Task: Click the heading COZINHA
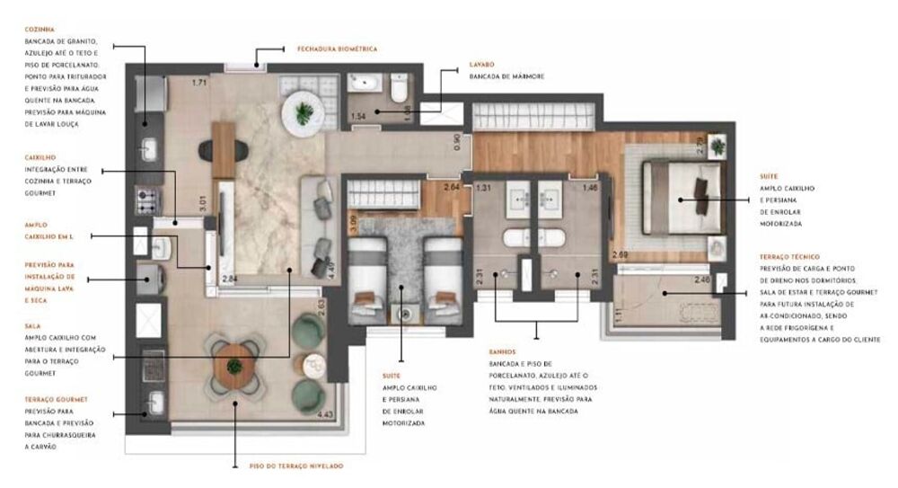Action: [41, 30]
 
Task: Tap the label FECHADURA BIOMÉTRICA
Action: [337, 49]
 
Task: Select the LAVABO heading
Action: [482, 66]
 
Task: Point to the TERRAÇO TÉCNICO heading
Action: [788, 257]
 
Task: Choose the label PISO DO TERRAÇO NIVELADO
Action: [295, 466]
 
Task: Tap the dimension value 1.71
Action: [199, 84]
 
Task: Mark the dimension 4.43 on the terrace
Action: [325, 414]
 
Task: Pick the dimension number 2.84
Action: [230, 279]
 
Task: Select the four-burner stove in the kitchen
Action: [146, 197]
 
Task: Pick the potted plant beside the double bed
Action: [717, 145]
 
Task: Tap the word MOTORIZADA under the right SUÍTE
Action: [780, 223]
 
